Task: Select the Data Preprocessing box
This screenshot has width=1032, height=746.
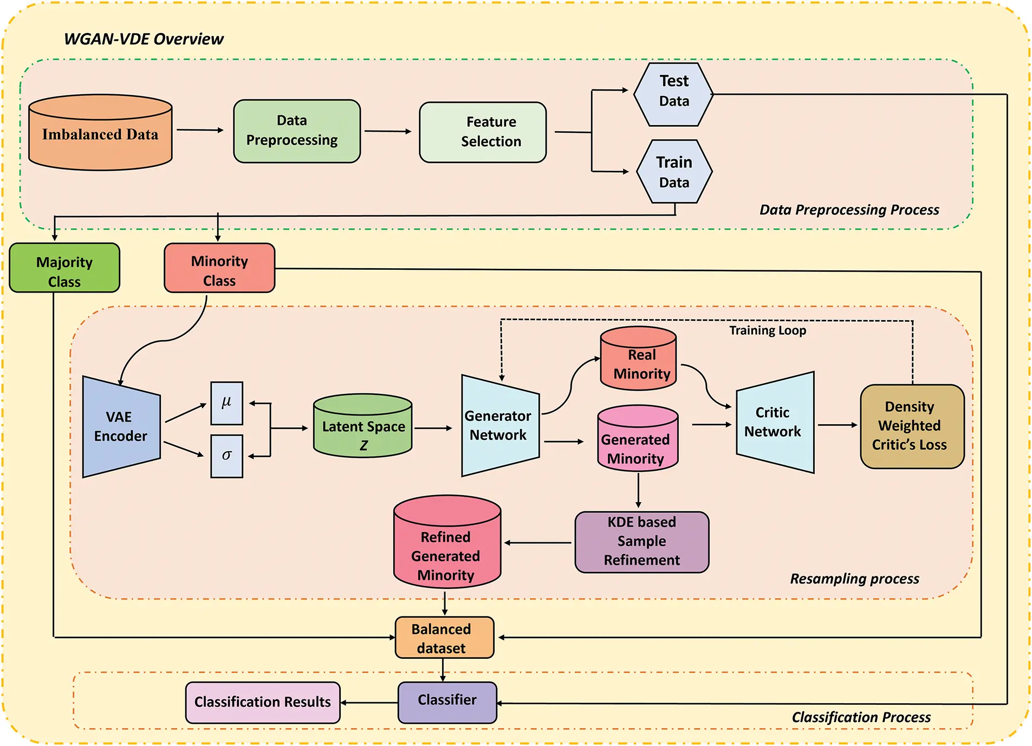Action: (x=296, y=131)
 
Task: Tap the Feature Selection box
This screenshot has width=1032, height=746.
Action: (x=482, y=132)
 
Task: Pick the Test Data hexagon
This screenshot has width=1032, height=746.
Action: (x=673, y=94)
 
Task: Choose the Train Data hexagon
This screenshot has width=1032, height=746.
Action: (x=674, y=172)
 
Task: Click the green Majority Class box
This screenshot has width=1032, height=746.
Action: (x=64, y=268)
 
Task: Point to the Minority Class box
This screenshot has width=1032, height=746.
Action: (x=219, y=268)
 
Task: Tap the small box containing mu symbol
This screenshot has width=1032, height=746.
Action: (x=226, y=403)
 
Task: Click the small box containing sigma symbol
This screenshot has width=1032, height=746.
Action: (x=226, y=456)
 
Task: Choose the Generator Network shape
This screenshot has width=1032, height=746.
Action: (x=499, y=426)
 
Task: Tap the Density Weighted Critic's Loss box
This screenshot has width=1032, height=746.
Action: (x=912, y=426)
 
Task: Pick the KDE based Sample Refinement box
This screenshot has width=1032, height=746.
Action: (x=641, y=542)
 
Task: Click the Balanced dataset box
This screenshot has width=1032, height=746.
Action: (x=444, y=638)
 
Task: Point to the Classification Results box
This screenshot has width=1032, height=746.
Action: (x=263, y=702)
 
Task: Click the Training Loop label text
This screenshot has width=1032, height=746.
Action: (x=767, y=330)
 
